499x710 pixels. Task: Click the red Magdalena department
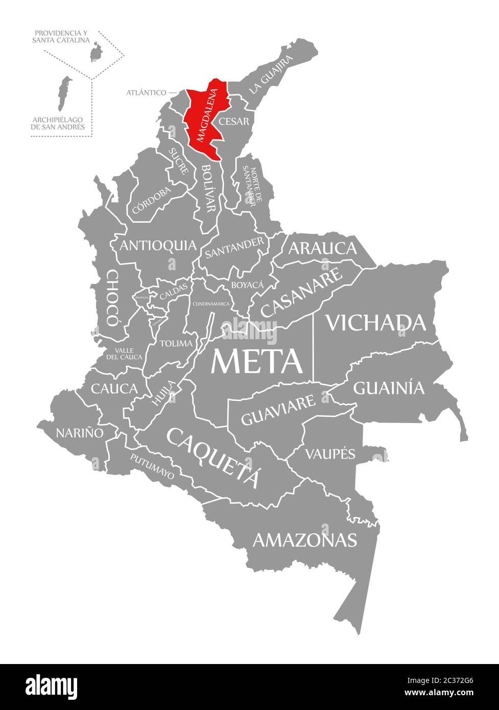pos(204,120)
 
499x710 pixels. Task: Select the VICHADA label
pos(376,323)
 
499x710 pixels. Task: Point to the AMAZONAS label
pos(304,539)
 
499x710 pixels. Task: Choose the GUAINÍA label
pos(389,388)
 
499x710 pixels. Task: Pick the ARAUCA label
pos(322,248)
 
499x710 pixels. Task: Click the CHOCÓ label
pos(112,298)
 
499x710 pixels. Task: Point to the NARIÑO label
pos(79,433)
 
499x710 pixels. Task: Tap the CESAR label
pos(233,122)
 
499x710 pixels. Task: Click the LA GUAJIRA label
pos(271,75)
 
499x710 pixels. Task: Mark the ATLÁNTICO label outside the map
pos(146,92)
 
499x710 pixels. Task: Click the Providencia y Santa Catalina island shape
pos(95,52)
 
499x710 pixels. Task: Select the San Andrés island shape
pos(63,93)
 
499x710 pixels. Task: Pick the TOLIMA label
pos(176,343)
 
